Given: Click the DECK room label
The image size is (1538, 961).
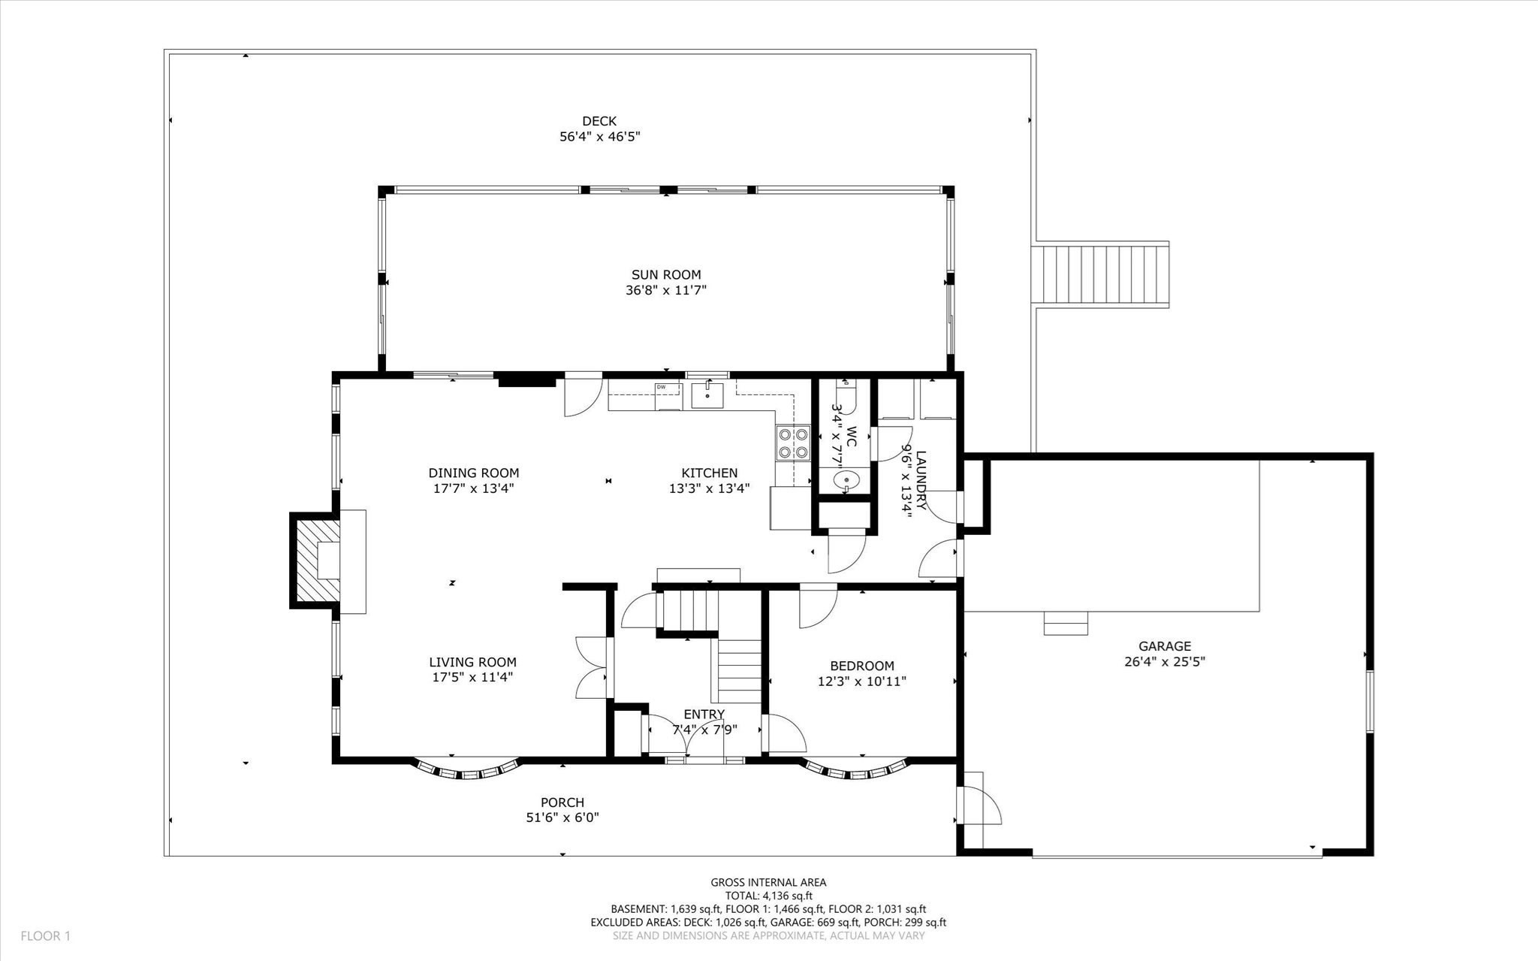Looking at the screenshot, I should pos(599,121).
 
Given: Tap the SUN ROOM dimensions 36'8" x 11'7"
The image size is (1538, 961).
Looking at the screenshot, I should pos(666,290).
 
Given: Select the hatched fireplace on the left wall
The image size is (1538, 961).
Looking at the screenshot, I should pos(315,560).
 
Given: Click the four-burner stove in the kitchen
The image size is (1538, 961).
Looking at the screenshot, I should pos(793,443).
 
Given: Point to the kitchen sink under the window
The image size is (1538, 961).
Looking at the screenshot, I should pos(707,394).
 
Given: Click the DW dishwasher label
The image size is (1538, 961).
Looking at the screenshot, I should pos(662,387).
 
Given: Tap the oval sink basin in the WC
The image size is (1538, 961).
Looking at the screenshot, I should pos(847,478).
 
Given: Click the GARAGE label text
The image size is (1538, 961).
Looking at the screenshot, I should pos(1164,646).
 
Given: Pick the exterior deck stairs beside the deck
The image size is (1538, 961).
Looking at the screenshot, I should pos(1102,274).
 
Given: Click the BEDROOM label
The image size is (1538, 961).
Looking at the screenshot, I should pos(861,666).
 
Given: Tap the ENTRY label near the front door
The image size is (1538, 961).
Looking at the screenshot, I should pos(704,714).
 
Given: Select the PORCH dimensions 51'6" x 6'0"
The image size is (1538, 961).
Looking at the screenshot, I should pos(562,817).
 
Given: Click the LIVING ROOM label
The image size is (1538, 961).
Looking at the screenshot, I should pos(472,662).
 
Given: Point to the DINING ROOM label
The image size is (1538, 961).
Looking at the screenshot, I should pos(473,473).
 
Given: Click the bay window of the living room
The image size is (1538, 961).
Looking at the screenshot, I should pos(468,772).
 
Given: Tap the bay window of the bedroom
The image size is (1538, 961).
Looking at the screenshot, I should pos(857,772).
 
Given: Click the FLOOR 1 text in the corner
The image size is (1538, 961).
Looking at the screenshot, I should pos(45,936).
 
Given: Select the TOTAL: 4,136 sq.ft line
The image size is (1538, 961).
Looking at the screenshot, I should pos(768,896).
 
